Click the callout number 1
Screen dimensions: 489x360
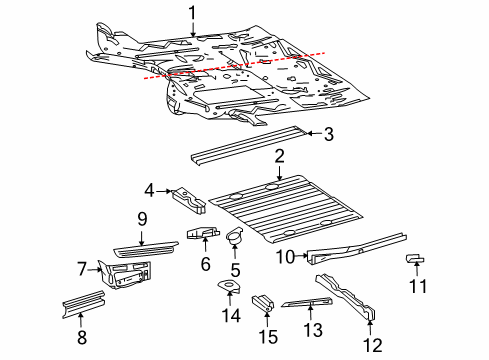192,14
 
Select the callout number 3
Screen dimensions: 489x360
329,134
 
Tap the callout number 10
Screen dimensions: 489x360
286,257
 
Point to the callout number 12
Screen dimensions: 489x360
373,345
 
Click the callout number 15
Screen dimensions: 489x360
268,336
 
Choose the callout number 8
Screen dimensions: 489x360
82,337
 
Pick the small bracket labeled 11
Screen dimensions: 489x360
415,258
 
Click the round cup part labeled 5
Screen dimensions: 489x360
234,236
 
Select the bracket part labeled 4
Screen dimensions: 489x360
189,200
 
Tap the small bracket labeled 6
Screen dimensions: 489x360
203,233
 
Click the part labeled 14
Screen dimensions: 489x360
229,287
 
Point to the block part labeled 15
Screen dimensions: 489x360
263,302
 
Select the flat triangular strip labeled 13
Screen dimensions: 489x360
307,302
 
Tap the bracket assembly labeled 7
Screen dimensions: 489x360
124,274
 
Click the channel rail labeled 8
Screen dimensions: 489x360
83,304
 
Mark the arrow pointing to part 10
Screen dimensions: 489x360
301,256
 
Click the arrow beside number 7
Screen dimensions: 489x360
95,270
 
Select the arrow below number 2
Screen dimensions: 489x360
279,173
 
